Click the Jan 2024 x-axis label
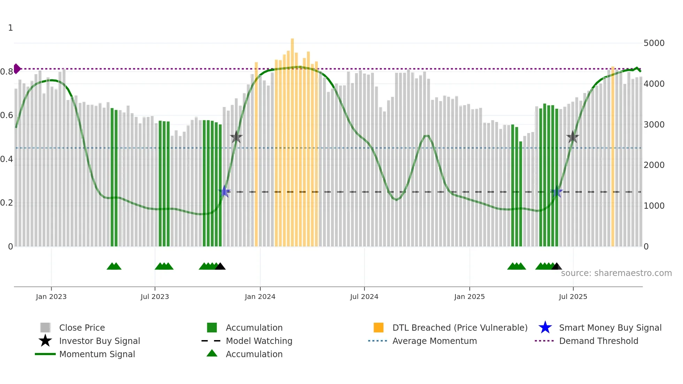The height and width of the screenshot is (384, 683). [260, 297]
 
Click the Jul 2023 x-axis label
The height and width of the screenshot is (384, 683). [155, 297]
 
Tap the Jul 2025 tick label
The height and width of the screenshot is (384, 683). [573, 297]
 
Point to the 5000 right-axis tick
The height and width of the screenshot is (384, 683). [654, 43]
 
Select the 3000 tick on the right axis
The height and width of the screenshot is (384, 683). [654, 125]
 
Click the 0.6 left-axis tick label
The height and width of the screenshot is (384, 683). [7, 115]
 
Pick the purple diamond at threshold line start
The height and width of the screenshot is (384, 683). [17, 69]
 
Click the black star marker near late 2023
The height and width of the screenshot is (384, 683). [236, 137]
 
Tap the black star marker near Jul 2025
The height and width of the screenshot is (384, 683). [573, 137]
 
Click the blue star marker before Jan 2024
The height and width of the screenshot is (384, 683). [224, 191]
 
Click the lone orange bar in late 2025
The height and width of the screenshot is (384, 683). [613, 157]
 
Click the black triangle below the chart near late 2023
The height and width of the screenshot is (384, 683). [220, 267]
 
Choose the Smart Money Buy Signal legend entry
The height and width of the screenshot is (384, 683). [610, 328]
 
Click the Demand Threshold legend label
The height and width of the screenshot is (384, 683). [598, 341]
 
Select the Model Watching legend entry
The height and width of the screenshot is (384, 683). [259, 341]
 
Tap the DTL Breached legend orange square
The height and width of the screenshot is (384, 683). [378, 328]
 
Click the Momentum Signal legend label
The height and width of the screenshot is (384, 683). [97, 354]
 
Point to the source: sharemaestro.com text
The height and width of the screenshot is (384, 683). [616, 273]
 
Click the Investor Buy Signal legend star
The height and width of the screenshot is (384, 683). [45, 341]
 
